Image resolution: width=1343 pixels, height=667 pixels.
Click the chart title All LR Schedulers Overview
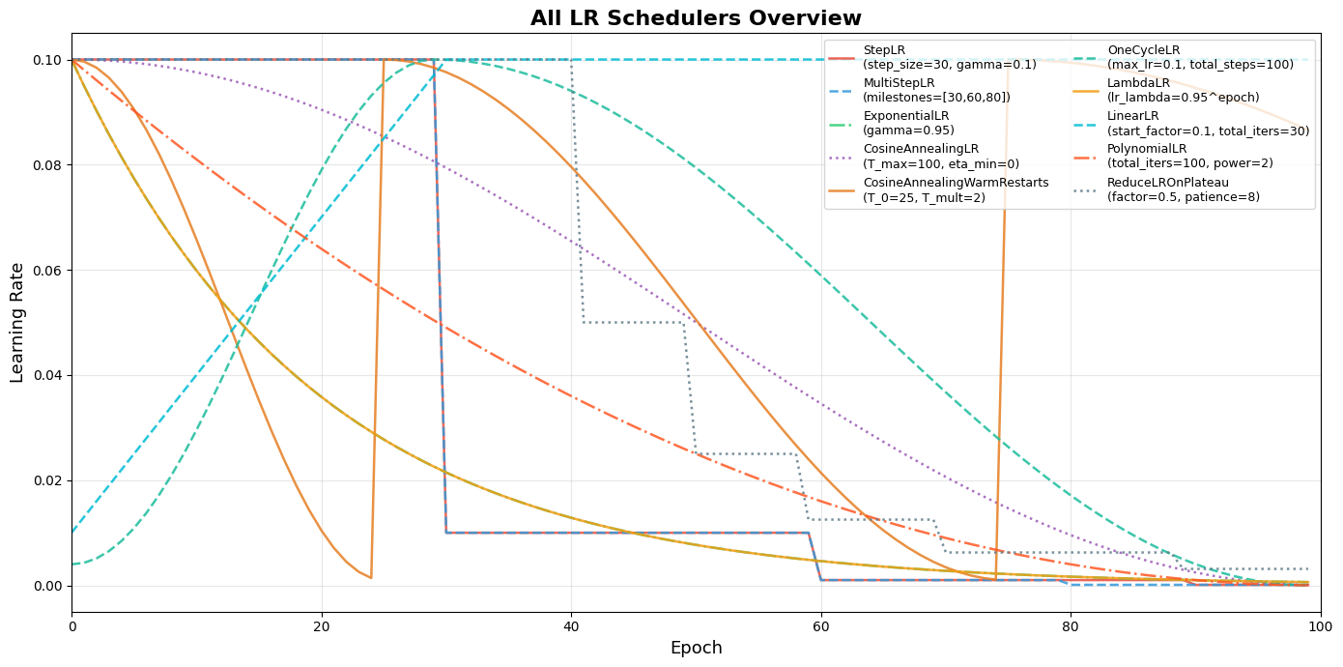tap(696, 18)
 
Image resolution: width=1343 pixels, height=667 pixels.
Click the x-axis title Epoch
tap(696, 648)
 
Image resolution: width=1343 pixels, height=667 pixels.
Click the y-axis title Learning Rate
tap(17, 322)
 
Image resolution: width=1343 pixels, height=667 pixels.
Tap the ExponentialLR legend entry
tap(908, 123)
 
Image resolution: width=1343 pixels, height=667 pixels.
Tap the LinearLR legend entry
tap(1208, 123)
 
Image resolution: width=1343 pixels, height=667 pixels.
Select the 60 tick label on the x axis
tap(821, 626)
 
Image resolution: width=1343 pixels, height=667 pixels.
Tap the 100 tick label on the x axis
tap(1320, 626)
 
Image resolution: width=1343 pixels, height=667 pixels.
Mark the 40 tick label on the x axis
tap(571, 626)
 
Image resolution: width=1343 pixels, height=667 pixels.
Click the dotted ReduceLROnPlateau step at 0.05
tap(634, 323)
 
